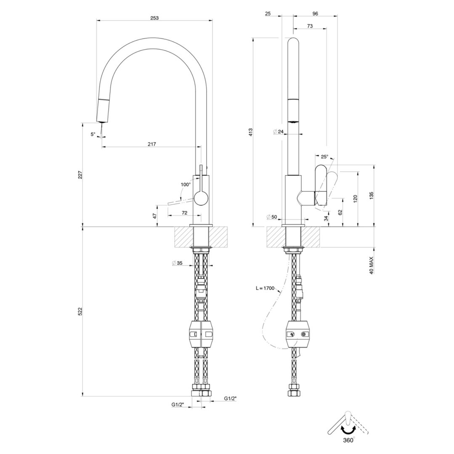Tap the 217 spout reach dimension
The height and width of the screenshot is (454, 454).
[152, 144]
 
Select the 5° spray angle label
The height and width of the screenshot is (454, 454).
[93, 134]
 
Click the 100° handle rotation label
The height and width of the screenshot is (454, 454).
[185, 184]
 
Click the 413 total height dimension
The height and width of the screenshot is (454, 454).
[251, 133]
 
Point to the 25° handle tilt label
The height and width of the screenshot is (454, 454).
[324, 157]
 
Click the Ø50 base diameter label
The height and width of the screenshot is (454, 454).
[272, 217]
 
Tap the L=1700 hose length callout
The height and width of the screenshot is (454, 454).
[264, 288]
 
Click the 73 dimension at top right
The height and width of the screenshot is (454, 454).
[309, 26]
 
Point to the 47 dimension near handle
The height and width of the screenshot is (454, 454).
[154, 216]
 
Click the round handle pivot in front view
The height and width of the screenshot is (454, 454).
[201, 197]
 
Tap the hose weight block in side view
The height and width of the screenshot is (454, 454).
[299, 335]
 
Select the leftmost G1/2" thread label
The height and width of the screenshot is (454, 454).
[177, 404]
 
